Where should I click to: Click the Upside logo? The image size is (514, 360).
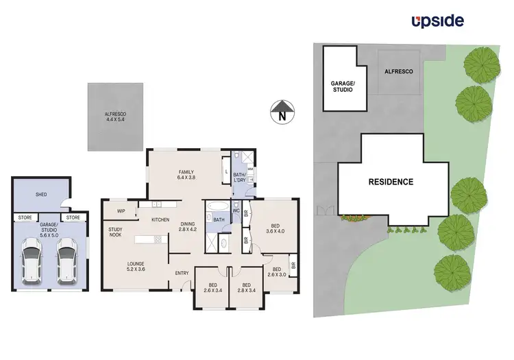point(437,21)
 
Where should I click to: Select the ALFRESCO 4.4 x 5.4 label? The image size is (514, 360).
point(116,117)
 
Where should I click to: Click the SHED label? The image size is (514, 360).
point(42,195)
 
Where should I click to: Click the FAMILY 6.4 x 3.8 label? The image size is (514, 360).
point(186,175)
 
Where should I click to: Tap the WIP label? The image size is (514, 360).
point(121,211)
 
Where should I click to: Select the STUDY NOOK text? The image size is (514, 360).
point(115,232)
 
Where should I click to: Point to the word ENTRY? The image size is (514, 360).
point(182,274)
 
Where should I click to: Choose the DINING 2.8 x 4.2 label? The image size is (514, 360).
point(188,227)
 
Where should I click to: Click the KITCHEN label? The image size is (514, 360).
point(160,219)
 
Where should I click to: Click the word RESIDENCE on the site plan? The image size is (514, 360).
point(391,182)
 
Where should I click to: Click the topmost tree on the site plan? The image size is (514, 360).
point(477,64)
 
